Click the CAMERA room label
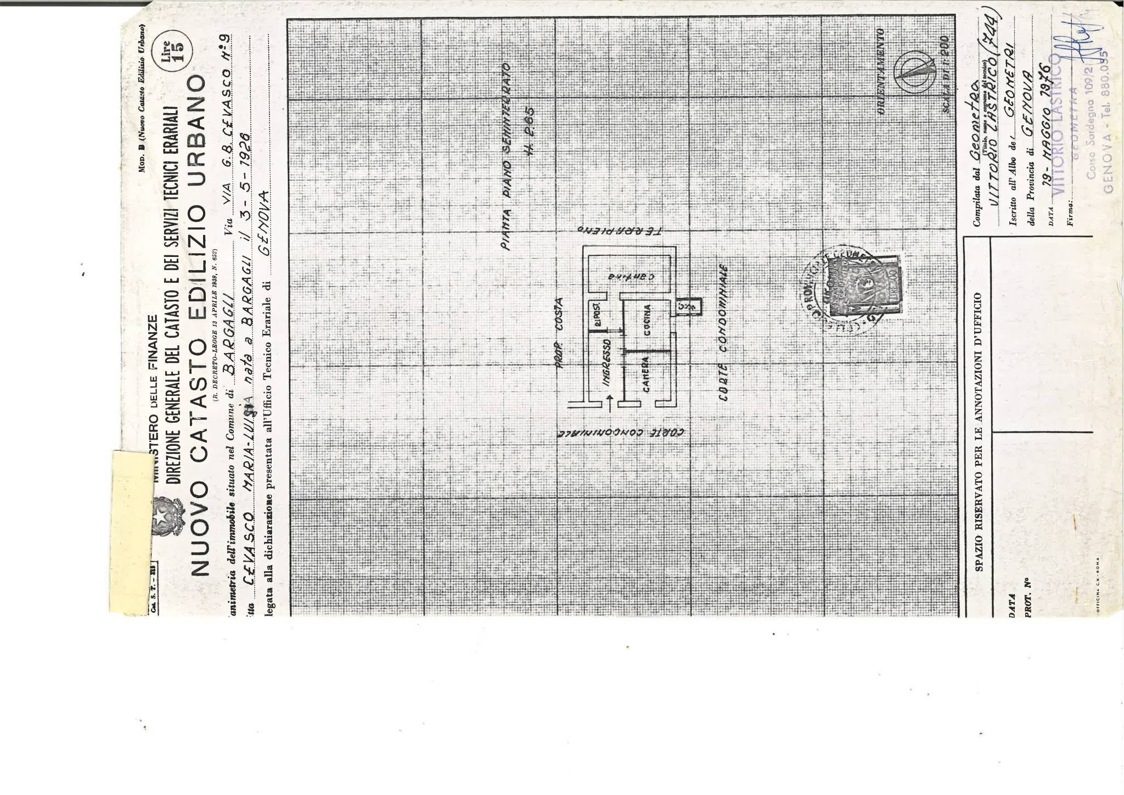(646, 375)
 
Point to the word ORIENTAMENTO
(881, 72)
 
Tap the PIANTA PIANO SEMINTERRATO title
(507, 156)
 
